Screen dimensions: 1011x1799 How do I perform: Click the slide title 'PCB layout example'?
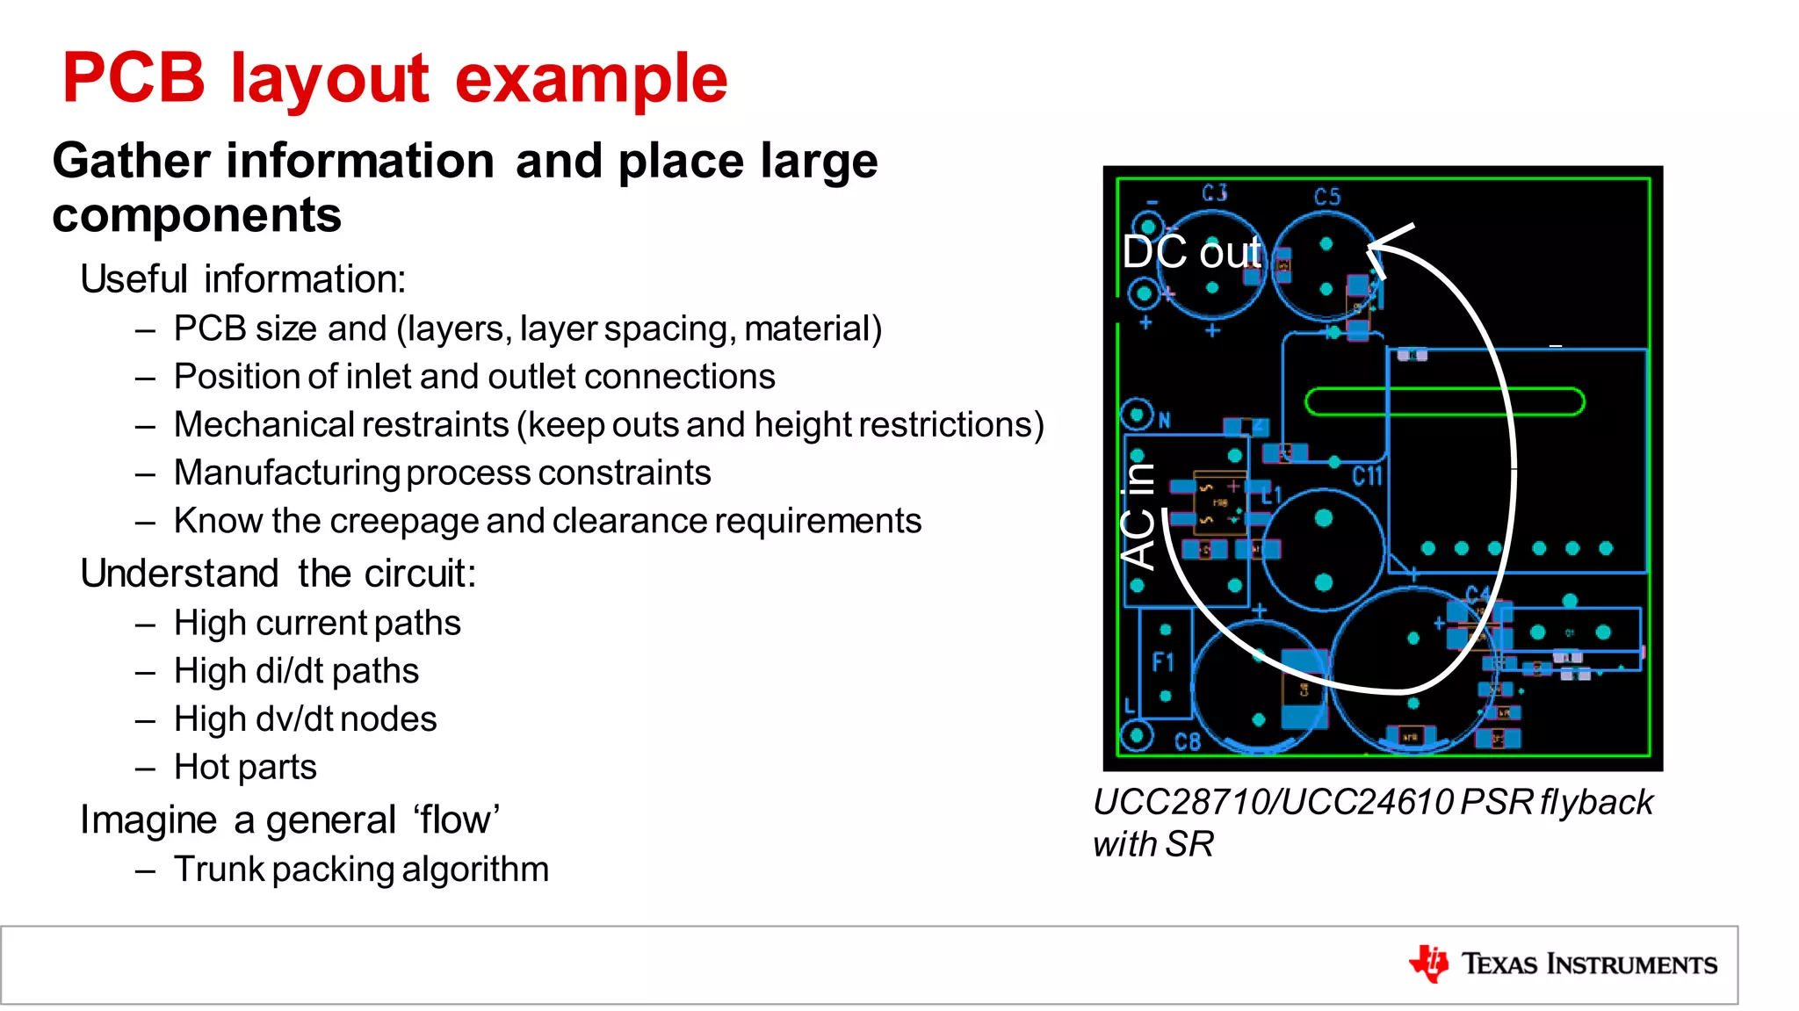394,79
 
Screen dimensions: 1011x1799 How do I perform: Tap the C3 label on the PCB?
1215,193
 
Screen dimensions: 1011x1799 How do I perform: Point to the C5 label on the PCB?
1327,197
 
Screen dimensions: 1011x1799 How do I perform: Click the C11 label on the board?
1367,477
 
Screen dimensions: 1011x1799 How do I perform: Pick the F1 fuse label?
1162,661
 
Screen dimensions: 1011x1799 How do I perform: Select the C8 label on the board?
1187,742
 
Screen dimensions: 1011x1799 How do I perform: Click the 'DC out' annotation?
1191,253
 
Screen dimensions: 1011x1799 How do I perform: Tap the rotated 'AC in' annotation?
1138,516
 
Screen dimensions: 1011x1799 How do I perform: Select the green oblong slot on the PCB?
1444,402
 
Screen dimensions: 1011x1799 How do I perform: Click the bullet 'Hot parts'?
245,767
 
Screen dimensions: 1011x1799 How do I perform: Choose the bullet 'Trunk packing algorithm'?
361,870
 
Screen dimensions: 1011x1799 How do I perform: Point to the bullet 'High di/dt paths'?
296,671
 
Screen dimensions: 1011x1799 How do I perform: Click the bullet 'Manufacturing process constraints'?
442,473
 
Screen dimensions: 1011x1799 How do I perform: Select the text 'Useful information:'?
242,279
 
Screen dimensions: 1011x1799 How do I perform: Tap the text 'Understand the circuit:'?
278,574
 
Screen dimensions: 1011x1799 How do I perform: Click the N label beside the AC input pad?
1165,421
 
